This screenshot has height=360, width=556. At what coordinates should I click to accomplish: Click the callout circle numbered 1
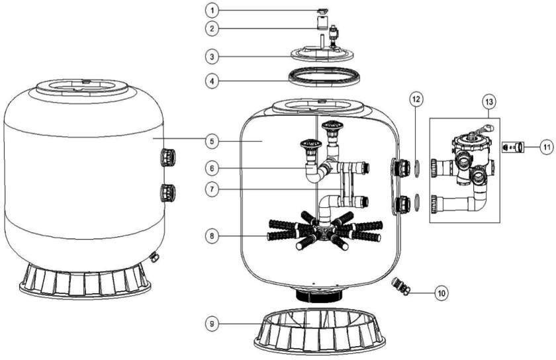[x=212, y=11]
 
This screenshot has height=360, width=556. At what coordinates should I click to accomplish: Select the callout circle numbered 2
[x=212, y=28]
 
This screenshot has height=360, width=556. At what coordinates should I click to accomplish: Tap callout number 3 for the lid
[x=212, y=56]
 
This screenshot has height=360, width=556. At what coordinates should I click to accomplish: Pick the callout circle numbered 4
[x=212, y=81]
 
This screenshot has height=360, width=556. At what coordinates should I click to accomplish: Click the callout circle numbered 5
[x=212, y=142]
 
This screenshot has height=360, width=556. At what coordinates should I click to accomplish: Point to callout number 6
[x=212, y=168]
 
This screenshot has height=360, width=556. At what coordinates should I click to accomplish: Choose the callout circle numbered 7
[x=212, y=189]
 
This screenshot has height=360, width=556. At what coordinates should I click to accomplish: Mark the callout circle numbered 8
[x=212, y=236]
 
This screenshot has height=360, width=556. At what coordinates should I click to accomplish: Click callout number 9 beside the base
[x=212, y=324]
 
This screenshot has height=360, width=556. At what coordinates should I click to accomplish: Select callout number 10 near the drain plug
[x=441, y=293]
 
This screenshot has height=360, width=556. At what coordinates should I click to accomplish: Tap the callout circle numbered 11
[x=547, y=146]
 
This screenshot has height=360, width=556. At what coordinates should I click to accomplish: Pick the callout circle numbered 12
[x=416, y=100]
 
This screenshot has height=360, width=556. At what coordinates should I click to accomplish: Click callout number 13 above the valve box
[x=489, y=102]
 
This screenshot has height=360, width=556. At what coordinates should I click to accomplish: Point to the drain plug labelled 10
[x=400, y=286]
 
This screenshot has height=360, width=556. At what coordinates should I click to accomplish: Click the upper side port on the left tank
[x=167, y=157]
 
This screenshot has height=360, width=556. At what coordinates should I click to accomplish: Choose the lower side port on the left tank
[x=167, y=193]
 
